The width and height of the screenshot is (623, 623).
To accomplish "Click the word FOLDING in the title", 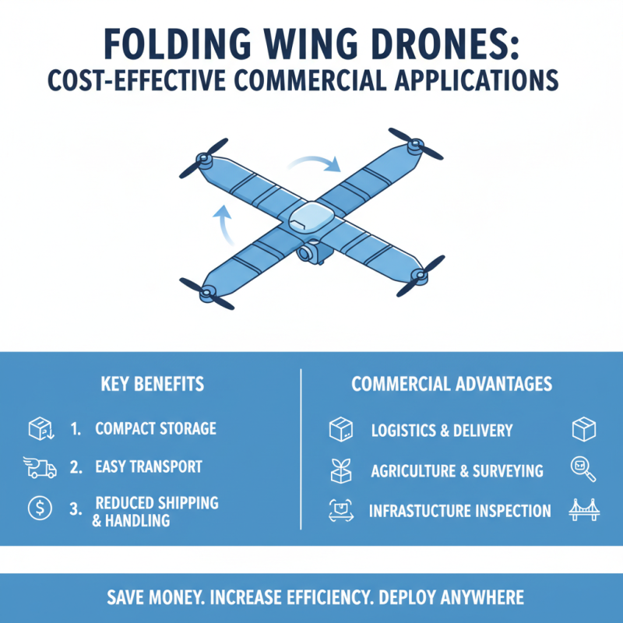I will (180, 44).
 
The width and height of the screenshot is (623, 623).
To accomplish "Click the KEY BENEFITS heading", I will (153, 384).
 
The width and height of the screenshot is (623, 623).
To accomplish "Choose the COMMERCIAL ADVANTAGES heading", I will (452, 384).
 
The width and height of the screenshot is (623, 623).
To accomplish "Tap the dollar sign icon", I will (38, 509).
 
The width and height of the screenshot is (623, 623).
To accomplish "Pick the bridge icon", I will (583, 510).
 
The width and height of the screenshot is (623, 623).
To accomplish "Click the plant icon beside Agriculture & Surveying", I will (340, 470).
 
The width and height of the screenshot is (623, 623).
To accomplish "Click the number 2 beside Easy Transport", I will (76, 467).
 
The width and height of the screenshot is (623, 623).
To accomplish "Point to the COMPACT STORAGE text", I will (156, 429).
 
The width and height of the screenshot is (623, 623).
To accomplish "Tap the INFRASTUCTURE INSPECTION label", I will (459, 512).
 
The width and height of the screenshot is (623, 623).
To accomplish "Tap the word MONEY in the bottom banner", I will (175, 598).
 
